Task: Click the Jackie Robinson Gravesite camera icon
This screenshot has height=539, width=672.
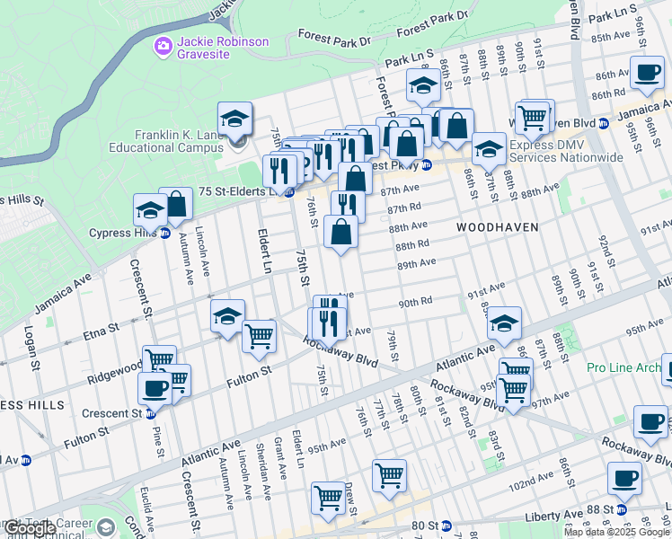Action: pos(163,44)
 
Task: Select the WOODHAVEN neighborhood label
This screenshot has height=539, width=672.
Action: pos(497,227)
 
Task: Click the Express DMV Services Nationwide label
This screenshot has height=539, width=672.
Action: pos(566,151)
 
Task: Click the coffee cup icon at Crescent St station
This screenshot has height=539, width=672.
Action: pos(155,388)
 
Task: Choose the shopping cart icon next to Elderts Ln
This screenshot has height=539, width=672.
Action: pos(259,335)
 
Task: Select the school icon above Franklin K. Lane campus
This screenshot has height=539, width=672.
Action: pos(234,118)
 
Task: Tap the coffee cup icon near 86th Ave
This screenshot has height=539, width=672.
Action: pos(646,73)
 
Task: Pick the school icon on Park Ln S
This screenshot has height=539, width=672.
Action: pos(421,86)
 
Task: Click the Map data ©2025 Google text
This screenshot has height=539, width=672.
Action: pos(615,532)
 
